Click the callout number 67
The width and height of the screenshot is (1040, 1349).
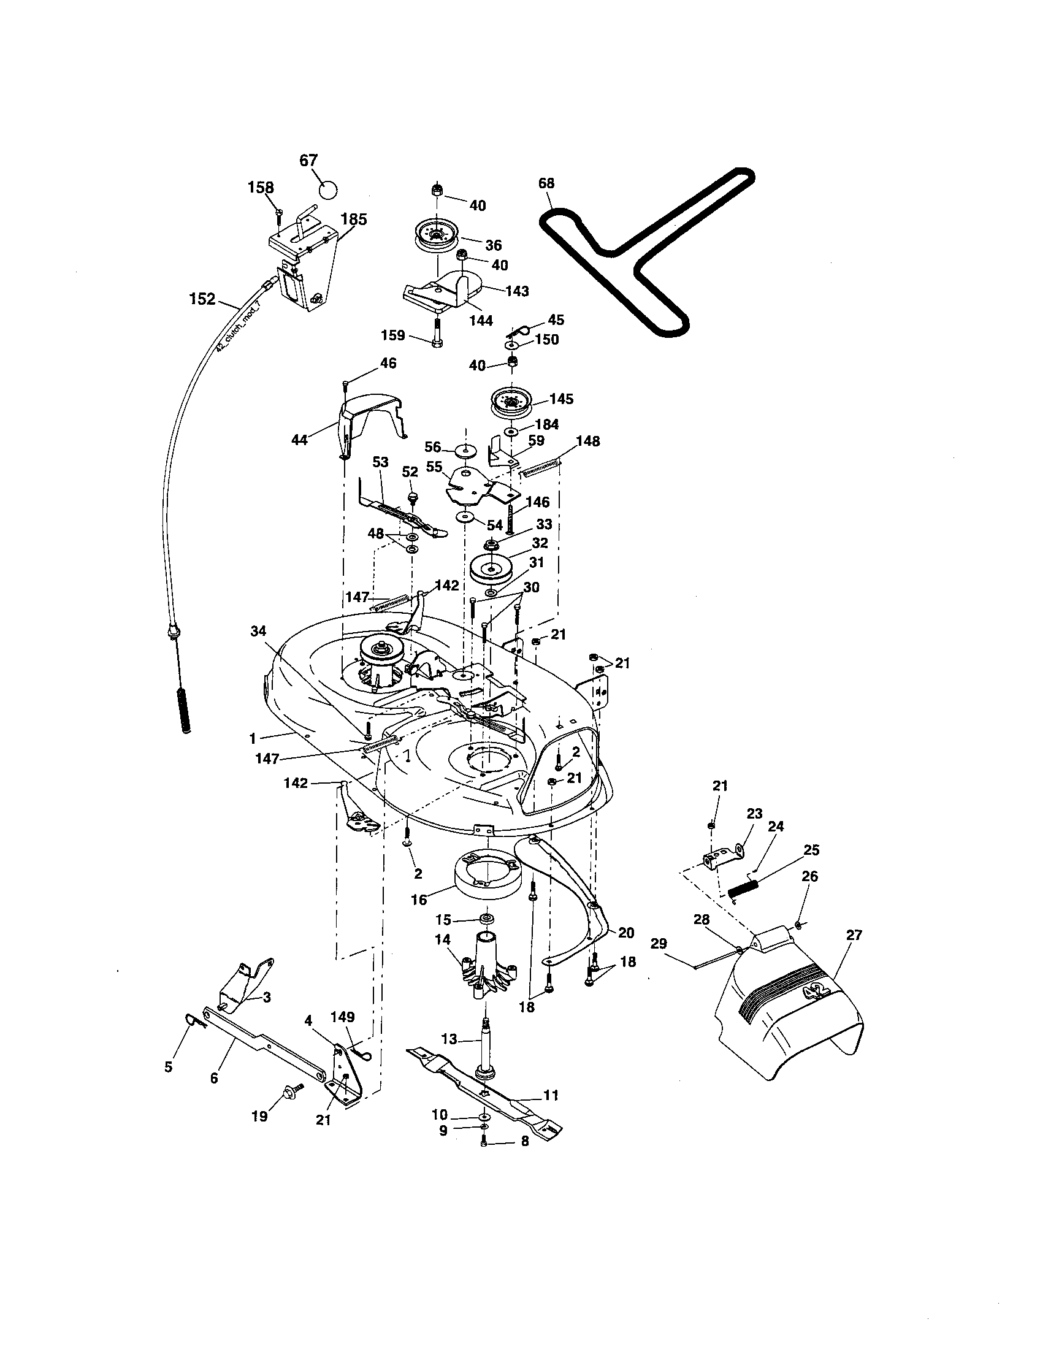pyautogui.click(x=308, y=161)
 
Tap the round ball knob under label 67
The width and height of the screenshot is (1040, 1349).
pyautogui.click(x=329, y=189)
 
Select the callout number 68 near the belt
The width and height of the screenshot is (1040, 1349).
pyautogui.click(x=546, y=183)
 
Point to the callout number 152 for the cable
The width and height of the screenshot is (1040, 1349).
pyautogui.click(x=202, y=300)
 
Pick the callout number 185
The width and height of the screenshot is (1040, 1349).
pyautogui.click(x=353, y=220)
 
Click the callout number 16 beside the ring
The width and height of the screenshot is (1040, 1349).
pyautogui.click(x=419, y=900)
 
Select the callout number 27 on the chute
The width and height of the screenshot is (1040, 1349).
pyautogui.click(x=854, y=935)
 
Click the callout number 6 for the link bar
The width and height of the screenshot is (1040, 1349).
pyautogui.click(x=213, y=1078)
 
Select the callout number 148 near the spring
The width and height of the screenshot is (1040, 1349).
pyautogui.click(x=587, y=441)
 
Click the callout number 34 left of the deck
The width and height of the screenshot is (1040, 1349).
pyautogui.click(x=258, y=630)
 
